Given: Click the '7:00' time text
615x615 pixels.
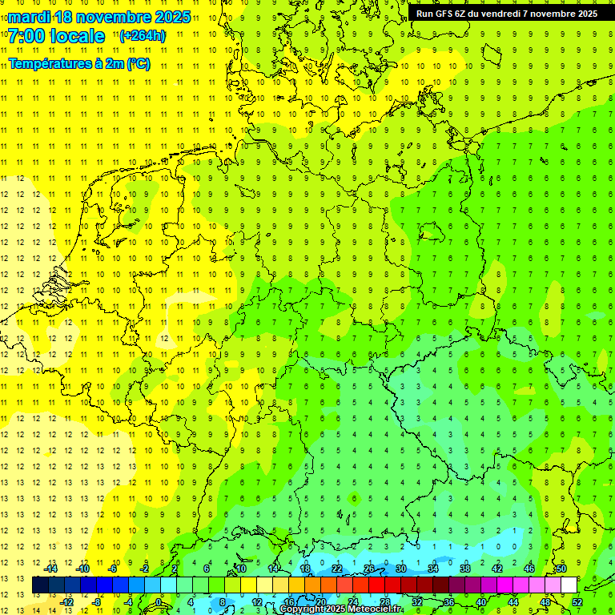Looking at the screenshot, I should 25,36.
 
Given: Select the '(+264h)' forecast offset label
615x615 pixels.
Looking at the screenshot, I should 143,36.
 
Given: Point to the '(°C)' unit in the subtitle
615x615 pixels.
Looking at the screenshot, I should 139,64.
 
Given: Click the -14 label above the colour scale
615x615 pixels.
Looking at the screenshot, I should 50,569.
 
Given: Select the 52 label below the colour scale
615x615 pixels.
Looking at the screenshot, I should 577,602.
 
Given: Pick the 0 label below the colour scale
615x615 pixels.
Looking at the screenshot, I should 159,602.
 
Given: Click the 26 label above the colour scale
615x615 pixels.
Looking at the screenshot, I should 369,569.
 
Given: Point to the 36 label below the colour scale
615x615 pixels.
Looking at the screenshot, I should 448,602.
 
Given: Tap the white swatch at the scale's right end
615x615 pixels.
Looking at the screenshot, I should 569,585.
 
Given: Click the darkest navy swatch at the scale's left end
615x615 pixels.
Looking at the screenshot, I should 40,585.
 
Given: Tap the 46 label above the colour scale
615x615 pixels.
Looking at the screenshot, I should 529,569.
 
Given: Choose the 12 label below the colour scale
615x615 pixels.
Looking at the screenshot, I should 256,602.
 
